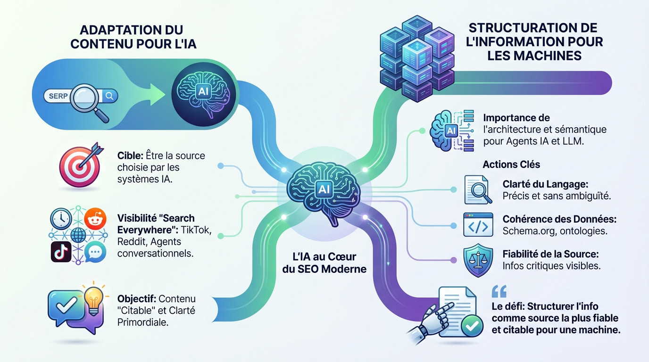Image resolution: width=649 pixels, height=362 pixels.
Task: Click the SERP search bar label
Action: point(58,96)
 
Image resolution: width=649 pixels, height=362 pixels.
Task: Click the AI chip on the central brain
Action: point(324,189)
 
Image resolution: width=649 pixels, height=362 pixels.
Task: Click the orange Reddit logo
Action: point(96,219)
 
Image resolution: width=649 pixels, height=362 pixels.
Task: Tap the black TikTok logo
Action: point(61,252)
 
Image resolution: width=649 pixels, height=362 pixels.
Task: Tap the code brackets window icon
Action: point(478,224)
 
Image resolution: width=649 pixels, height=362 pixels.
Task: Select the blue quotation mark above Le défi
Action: point(499,291)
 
